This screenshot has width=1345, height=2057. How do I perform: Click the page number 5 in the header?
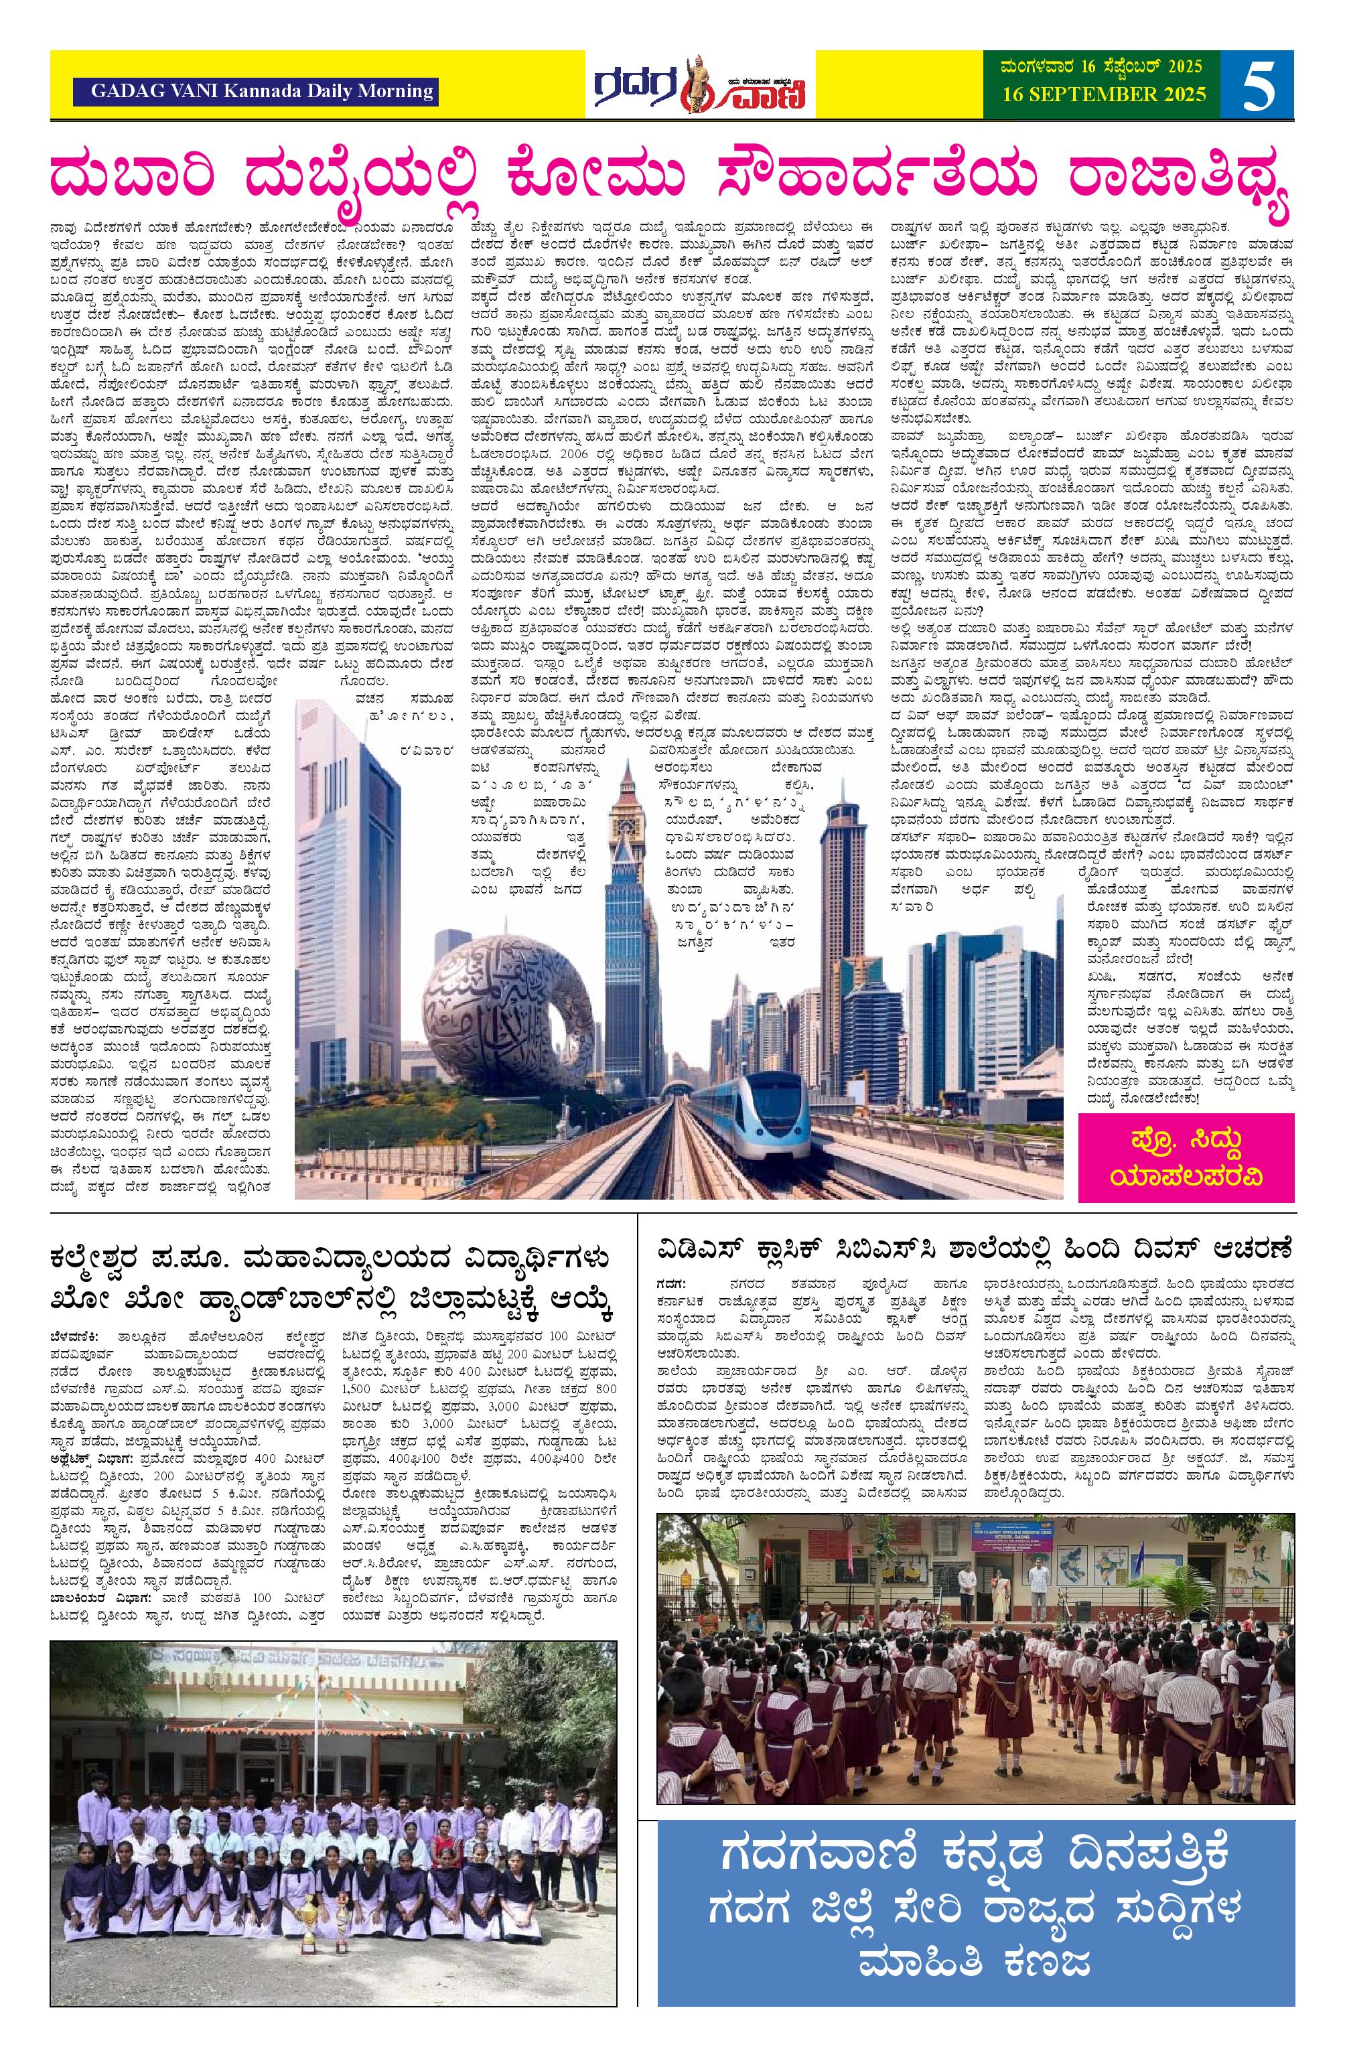[1258, 84]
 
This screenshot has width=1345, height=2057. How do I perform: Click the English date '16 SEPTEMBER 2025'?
[1104, 95]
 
